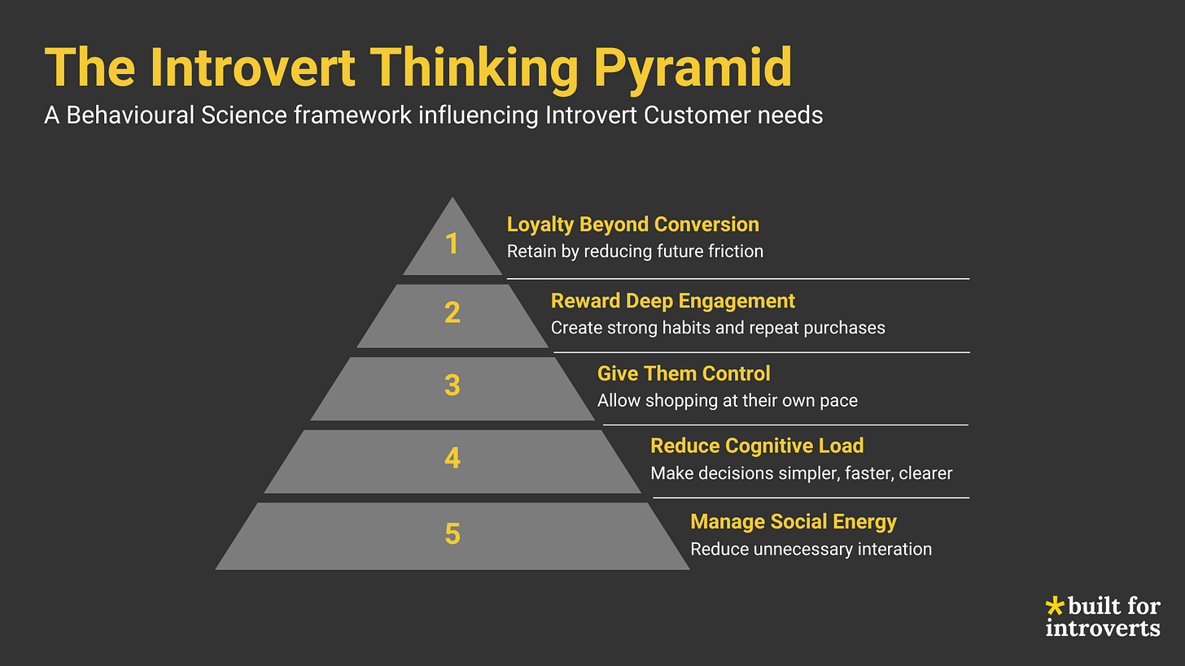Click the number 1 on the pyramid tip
tap(453, 243)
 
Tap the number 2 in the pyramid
tap(453, 313)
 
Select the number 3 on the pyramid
tap(453, 385)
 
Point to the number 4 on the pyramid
tap(453, 459)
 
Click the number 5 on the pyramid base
tap(453, 534)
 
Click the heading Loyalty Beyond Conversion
tap(632, 224)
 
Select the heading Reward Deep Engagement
tap(672, 301)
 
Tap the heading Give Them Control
tap(683, 373)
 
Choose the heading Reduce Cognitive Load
tap(756, 446)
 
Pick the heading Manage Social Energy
tap(793, 521)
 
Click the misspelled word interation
tap(892, 549)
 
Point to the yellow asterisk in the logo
tap(1054, 606)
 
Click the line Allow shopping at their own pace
tap(727, 400)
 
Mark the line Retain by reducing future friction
tap(635, 251)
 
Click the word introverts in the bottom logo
tap(1102, 628)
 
